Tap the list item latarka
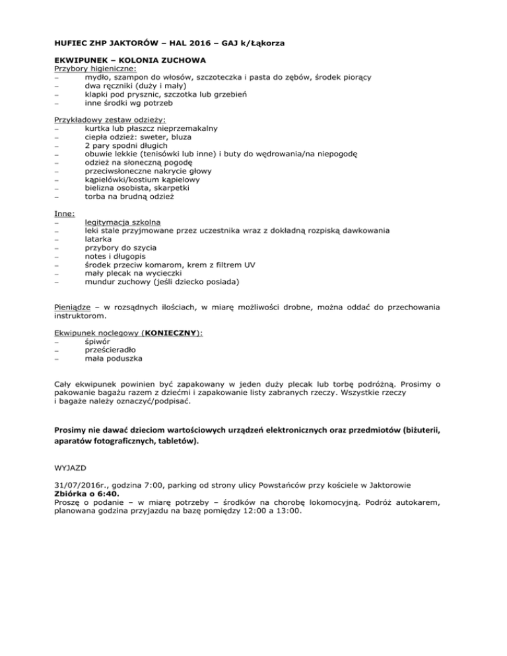click(98, 240)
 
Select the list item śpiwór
click(97, 342)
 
